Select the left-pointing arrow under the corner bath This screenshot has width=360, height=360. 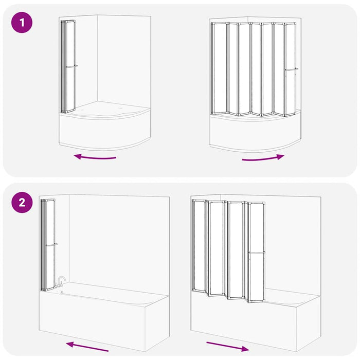(95, 157)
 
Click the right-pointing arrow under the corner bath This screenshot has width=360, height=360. (263, 158)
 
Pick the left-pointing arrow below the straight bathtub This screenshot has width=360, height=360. (87, 345)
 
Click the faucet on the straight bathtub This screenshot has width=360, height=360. (61, 282)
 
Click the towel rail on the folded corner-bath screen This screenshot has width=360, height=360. (71, 66)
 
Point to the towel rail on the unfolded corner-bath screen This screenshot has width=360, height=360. (291, 69)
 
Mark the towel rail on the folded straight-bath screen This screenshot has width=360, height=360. (51, 244)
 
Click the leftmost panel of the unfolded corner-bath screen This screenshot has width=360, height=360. (220, 68)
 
